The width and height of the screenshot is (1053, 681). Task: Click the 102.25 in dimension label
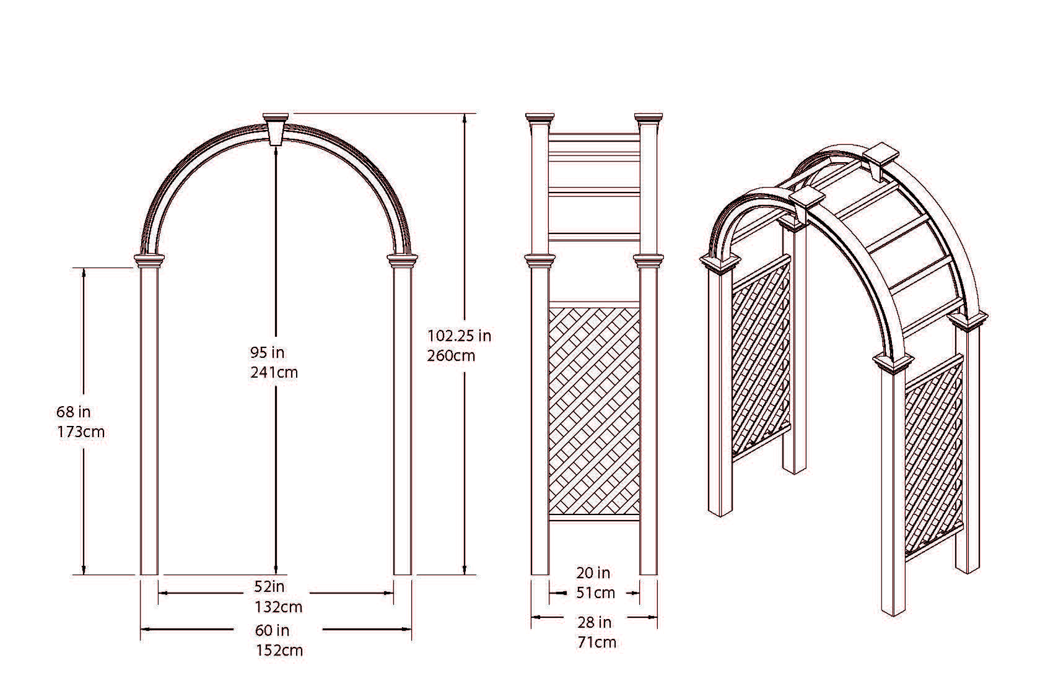pyautogui.click(x=459, y=336)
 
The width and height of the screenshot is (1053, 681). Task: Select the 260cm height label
pyautogui.click(x=451, y=356)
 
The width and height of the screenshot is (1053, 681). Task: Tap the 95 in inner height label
pyautogui.click(x=267, y=353)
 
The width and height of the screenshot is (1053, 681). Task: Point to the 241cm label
pyautogui.click(x=274, y=373)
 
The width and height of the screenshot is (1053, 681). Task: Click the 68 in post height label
pyautogui.click(x=73, y=412)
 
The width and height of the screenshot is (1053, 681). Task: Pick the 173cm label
pyautogui.click(x=81, y=432)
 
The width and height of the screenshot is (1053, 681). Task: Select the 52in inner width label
pyautogui.click(x=269, y=586)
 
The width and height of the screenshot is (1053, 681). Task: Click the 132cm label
pyautogui.click(x=278, y=607)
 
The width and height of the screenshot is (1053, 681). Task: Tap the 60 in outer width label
pyautogui.click(x=272, y=631)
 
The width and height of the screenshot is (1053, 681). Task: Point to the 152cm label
pyautogui.click(x=279, y=651)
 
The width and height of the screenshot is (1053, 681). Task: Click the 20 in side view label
pyautogui.click(x=593, y=573)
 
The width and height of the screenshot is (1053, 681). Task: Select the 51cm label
pyautogui.click(x=595, y=593)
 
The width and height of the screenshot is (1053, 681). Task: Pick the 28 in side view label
pyautogui.click(x=594, y=622)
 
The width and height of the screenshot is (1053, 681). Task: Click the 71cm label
pyautogui.click(x=596, y=643)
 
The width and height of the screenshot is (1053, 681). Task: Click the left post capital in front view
pyautogui.click(x=149, y=260)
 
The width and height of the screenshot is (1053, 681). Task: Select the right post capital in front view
pyautogui.click(x=403, y=260)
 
